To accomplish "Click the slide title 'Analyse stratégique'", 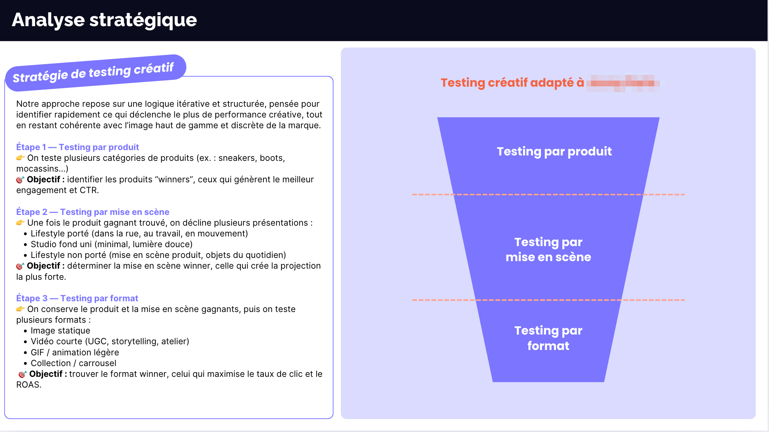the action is [x=104, y=20].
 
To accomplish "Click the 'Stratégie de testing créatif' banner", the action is [x=93, y=72].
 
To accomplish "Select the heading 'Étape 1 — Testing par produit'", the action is [x=77, y=147].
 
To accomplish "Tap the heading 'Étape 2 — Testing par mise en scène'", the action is [x=93, y=212].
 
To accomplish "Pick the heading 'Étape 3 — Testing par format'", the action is [x=77, y=298].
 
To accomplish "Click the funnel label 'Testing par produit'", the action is [x=554, y=152].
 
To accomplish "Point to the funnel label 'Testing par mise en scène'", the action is [x=548, y=250].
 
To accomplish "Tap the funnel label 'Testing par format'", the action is [x=548, y=338].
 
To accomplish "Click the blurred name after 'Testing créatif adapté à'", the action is [x=625, y=83].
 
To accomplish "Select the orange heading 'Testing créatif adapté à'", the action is [x=512, y=83].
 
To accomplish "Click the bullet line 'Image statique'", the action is [x=60, y=331].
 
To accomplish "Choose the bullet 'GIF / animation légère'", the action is [x=74, y=352].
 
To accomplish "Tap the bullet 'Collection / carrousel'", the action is [x=73, y=363].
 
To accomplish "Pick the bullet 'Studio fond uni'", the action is [x=111, y=244].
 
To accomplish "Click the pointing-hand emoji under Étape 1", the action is [x=20, y=158].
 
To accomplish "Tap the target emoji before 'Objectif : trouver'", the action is [x=22, y=374].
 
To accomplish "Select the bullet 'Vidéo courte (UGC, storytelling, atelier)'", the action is [x=110, y=341].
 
